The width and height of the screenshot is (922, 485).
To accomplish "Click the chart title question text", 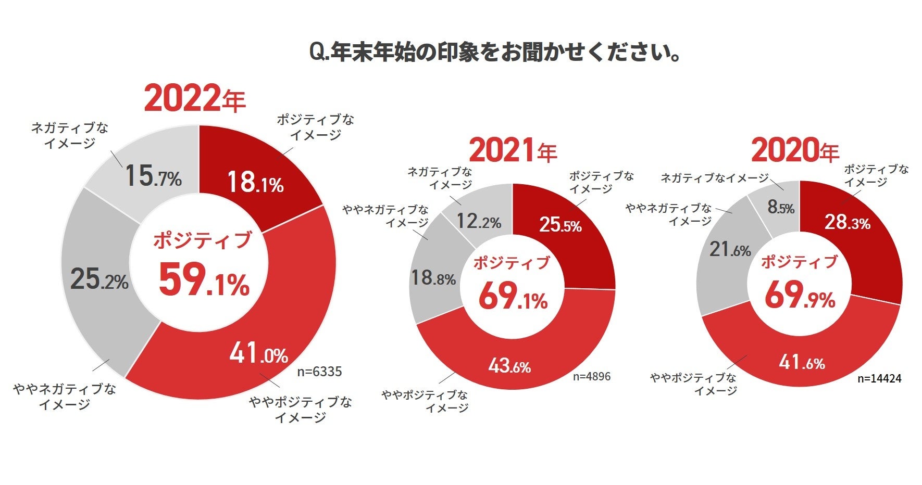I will pyautogui.click(x=495, y=53).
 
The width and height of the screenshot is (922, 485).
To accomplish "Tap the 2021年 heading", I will pyautogui.click(x=513, y=151).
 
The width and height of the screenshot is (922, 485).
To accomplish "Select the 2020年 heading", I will pyautogui.click(x=795, y=151).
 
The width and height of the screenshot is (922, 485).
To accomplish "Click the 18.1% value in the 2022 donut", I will pyautogui.click(x=255, y=183).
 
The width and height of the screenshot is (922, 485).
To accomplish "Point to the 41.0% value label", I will pyautogui.click(x=259, y=353).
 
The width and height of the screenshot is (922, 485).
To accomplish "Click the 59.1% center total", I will pyautogui.click(x=204, y=281).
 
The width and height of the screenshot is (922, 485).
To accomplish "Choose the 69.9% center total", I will pyautogui.click(x=800, y=296).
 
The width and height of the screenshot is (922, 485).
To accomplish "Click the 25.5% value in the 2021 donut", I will pyautogui.click(x=560, y=225).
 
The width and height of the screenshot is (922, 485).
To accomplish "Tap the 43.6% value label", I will pyautogui.click(x=509, y=366).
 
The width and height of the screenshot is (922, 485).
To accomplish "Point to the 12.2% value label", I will pyautogui.click(x=479, y=222).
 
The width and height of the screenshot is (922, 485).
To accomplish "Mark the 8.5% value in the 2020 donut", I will pyautogui.click(x=781, y=208).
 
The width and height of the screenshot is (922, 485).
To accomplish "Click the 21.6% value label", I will pyautogui.click(x=730, y=250).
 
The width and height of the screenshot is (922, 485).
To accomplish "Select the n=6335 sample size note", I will pyautogui.click(x=319, y=372).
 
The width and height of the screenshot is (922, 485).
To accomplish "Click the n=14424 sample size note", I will pyautogui.click(x=879, y=378).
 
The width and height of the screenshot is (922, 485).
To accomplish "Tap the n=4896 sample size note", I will pyautogui.click(x=592, y=376).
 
